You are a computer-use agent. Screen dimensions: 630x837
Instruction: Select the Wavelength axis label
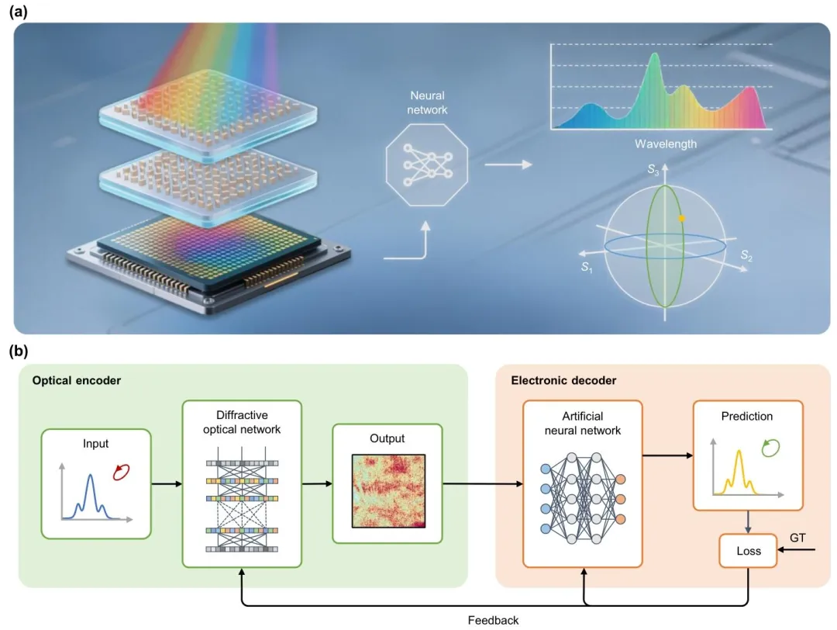666,144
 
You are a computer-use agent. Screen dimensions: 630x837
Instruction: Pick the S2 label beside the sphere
746,254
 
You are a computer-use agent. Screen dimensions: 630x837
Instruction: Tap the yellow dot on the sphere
681,219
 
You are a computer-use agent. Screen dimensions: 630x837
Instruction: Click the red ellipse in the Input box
121,471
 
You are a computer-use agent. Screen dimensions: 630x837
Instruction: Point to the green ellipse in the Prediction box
768,447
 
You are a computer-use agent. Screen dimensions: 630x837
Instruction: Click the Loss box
747,552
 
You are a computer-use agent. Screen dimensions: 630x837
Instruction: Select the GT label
797,537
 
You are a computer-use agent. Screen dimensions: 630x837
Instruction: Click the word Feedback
493,620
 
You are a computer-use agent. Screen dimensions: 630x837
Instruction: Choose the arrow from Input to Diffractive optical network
167,485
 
